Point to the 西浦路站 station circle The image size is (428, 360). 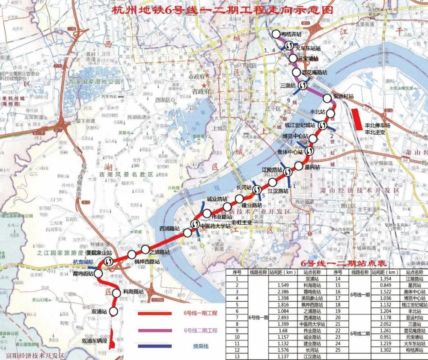187,233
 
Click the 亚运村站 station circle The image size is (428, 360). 327,98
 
